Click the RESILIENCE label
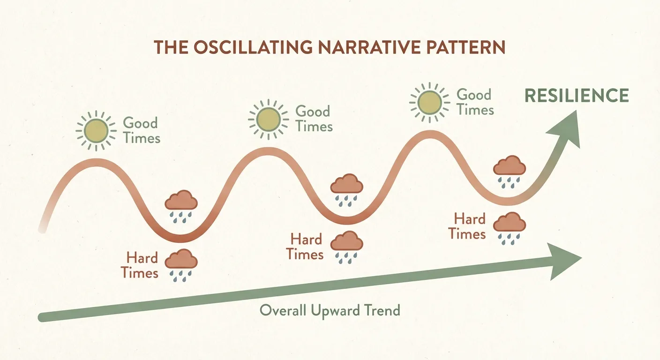(576, 96)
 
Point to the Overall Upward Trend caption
(330, 310)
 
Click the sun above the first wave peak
(96, 131)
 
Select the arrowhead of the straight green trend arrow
(564, 260)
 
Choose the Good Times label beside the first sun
(141, 131)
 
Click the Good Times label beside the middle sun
(314, 119)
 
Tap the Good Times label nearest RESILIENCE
(475, 102)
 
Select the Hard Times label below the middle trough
(306, 247)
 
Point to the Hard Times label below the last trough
(468, 226)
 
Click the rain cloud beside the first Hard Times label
(181, 262)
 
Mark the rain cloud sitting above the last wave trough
(510, 170)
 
